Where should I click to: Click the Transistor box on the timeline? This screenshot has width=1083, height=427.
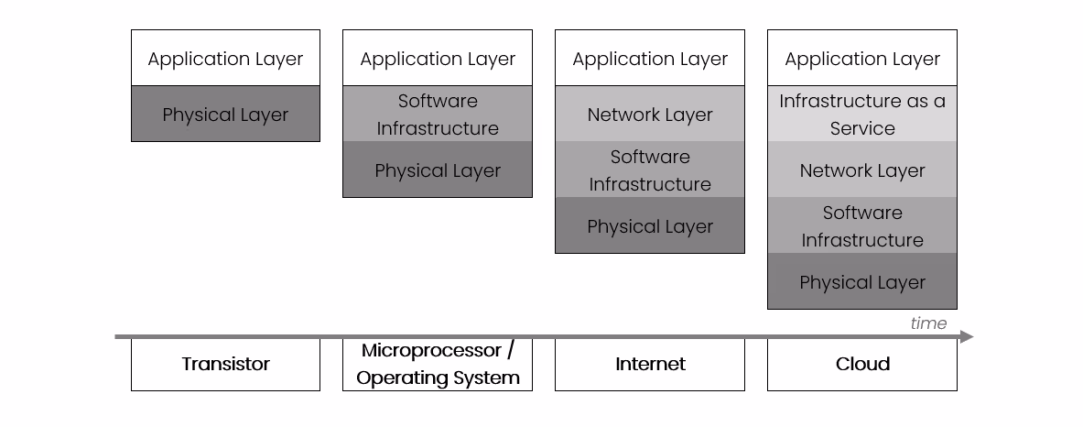point(225,365)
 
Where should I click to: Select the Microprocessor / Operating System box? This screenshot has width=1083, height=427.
point(438,365)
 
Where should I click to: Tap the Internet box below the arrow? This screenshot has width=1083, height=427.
point(650,365)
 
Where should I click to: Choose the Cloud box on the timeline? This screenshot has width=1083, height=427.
point(862,365)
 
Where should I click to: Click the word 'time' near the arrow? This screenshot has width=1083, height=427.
point(928,323)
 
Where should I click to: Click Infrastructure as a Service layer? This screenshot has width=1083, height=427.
point(862,115)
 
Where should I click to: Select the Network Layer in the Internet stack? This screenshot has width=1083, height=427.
point(650,115)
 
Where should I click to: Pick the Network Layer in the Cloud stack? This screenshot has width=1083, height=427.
point(862,170)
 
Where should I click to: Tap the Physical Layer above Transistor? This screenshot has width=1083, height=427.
point(225,115)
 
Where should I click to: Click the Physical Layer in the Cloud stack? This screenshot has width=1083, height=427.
point(862,282)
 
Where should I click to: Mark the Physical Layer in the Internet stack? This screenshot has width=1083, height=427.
point(650,226)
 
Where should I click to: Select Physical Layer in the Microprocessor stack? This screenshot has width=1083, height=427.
point(438,170)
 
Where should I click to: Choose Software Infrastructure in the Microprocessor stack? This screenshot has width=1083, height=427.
point(438,115)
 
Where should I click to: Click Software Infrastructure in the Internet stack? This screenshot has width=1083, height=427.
point(650,170)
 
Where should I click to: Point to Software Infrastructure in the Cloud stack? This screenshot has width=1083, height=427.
point(862,226)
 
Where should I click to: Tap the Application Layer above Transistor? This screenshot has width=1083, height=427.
point(225,59)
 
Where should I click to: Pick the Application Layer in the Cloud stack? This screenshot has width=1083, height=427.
point(862,59)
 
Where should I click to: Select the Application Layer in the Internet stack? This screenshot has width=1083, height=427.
point(650,59)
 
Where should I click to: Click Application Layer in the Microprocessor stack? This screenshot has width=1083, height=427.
point(438,59)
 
